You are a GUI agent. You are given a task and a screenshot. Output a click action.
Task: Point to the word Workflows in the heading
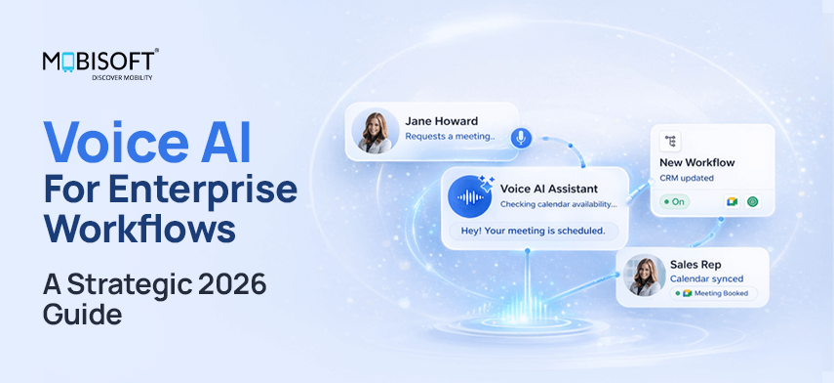coord(141,229)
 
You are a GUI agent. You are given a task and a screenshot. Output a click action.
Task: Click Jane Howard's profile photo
coord(376,132)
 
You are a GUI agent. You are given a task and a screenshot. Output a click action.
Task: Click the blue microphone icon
coord(520,138)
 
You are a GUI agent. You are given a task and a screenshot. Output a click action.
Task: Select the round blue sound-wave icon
coord(470,195)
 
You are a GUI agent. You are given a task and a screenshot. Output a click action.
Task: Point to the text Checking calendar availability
coord(558,204)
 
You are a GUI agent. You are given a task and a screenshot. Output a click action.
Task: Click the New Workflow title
coord(696,162)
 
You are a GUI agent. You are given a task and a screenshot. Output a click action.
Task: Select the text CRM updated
coord(687,178)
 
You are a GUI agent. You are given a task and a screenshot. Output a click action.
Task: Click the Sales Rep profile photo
coord(645,277)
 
